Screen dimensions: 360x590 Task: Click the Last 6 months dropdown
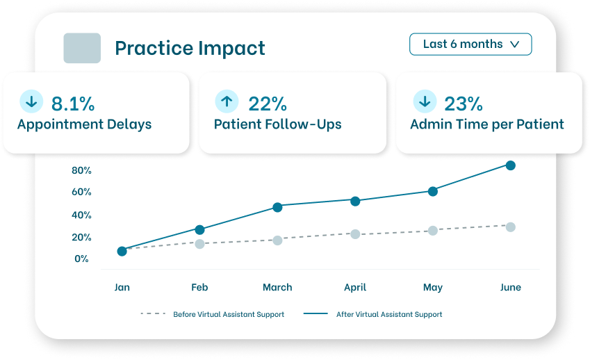[x=470, y=44]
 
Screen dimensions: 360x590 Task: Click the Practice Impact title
[x=190, y=48]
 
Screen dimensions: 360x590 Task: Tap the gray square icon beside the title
[x=82, y=48]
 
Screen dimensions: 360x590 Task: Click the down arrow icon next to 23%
[x=425, y=101]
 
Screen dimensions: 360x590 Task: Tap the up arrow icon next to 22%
[x=227, y=101]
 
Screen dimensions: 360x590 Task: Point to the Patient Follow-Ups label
[x=277, y=125]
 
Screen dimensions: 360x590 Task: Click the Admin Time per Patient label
[x=486, y=125]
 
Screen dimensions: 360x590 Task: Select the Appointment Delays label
[x=84, y=125]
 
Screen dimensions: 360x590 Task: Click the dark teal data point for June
[x=511, y=165]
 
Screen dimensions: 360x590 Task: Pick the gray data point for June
[x=511, y=227]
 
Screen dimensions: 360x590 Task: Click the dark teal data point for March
[x=277, y=207]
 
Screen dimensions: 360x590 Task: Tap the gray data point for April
[x=355, y=234]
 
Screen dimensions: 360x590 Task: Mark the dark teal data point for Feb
[x=199, y=229]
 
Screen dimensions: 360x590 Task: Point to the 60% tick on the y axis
[x=81, y=192]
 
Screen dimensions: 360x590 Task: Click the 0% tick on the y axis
[x=81, y=259]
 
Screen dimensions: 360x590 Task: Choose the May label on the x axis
[x=433, y=287]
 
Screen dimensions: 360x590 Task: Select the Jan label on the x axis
[x=122, y=287]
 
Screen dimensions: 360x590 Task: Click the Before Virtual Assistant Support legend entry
[x=213, y=314]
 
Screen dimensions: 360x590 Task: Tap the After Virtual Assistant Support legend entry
[x=373, y=314]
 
